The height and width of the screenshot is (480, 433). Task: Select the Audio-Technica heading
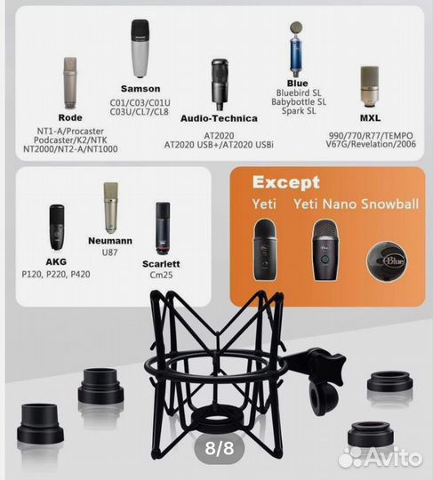click(x=218, y=117)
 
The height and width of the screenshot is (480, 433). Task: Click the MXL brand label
click(x=370, y=117)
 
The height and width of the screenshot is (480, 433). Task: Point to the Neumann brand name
click(x=110, y=241)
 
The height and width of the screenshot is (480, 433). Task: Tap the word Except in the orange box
click(x=285, y=183)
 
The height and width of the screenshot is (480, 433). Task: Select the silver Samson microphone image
click(x=140, y=48)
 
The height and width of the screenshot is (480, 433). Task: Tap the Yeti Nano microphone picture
click(x=324, y=250)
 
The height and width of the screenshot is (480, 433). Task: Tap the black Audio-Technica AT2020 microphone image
click(x=219, y=84)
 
